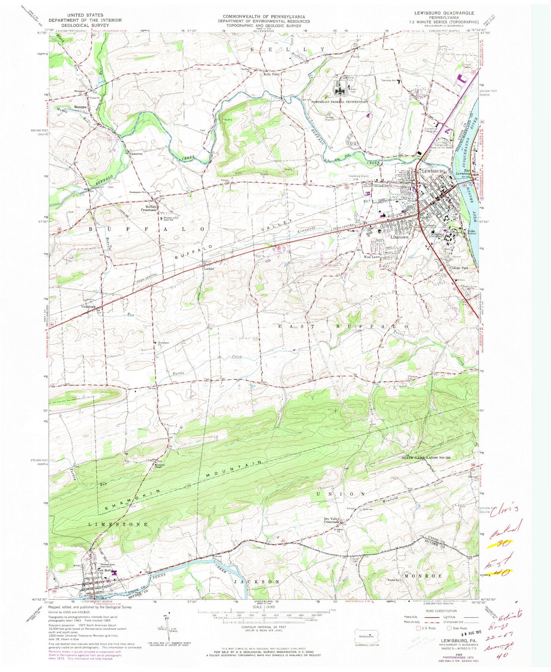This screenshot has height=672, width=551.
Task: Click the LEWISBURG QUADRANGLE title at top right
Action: tap(441, 13)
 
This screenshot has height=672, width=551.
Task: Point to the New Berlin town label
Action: tap(106, 571)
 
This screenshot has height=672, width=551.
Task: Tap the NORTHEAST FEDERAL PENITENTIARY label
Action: tap(340, 102)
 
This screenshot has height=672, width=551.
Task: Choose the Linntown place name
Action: tap(399, 237)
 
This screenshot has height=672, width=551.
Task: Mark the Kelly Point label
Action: tap(271, 74)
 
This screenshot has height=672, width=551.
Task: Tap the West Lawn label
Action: tap(371, 257)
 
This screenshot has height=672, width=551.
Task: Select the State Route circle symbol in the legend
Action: tap(449, 639)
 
